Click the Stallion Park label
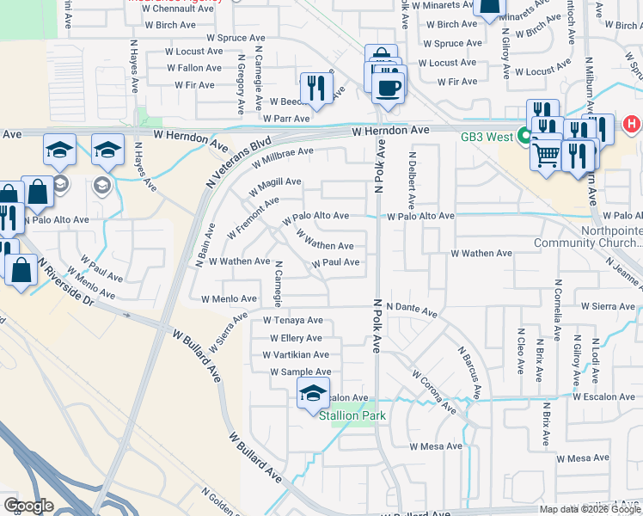pos(352,416)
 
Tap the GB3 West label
pos(487,136)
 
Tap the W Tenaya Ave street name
pos(292,321)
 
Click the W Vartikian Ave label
pos(296,354)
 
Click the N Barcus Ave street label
pos(469,373)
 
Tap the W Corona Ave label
pos(433,392)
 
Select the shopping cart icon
pos(547,155)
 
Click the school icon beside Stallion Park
pos(313,394)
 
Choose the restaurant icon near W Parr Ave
pos(316,88)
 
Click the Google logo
pos(28,506)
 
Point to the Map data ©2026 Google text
pos(591,509)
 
